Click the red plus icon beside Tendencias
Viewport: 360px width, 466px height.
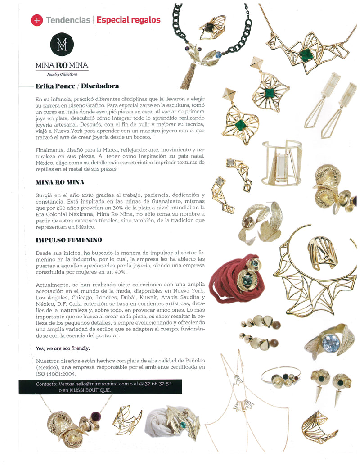pos(37,20)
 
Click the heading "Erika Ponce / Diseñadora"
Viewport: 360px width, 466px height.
pos(77,86)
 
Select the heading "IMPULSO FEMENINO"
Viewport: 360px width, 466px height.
pos(69,240)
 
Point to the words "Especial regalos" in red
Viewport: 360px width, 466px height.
pos(128,20)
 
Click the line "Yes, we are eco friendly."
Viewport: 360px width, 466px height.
pos(63,348)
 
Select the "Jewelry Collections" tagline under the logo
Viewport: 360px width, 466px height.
pos(62,74)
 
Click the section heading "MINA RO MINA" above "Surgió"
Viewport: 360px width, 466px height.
pos(60,182)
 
